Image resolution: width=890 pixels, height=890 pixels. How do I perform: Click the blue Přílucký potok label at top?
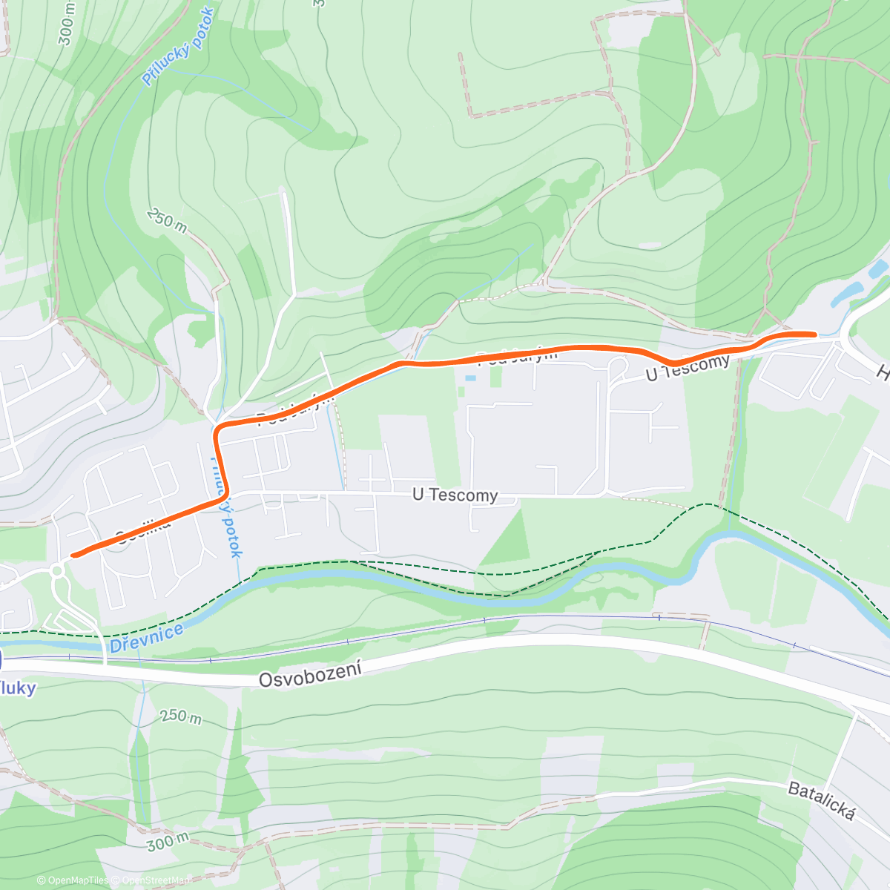(178, 46)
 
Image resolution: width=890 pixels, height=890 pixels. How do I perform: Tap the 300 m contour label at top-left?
(67, 24)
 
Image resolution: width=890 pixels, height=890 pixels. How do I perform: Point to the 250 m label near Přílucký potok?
(167, 220)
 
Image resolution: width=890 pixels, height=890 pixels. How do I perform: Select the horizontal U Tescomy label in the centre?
(455, 495)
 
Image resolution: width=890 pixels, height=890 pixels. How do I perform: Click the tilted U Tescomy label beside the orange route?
(688, 367)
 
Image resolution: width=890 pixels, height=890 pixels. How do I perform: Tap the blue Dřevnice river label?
(146, 639)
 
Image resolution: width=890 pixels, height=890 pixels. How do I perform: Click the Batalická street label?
(821, 801)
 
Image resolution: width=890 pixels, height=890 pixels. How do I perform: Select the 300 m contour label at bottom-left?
(167, 842)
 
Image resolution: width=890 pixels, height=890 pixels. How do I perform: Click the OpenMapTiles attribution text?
(73, 880)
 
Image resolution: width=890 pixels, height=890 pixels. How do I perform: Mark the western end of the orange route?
(73, 555)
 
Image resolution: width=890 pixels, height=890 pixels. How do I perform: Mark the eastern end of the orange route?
(814, 334)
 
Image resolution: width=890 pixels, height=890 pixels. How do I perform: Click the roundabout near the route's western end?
(56, 570)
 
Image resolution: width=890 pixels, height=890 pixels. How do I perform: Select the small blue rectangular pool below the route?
(470, 378)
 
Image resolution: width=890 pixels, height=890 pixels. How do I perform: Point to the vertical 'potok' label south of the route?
(231, 523)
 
